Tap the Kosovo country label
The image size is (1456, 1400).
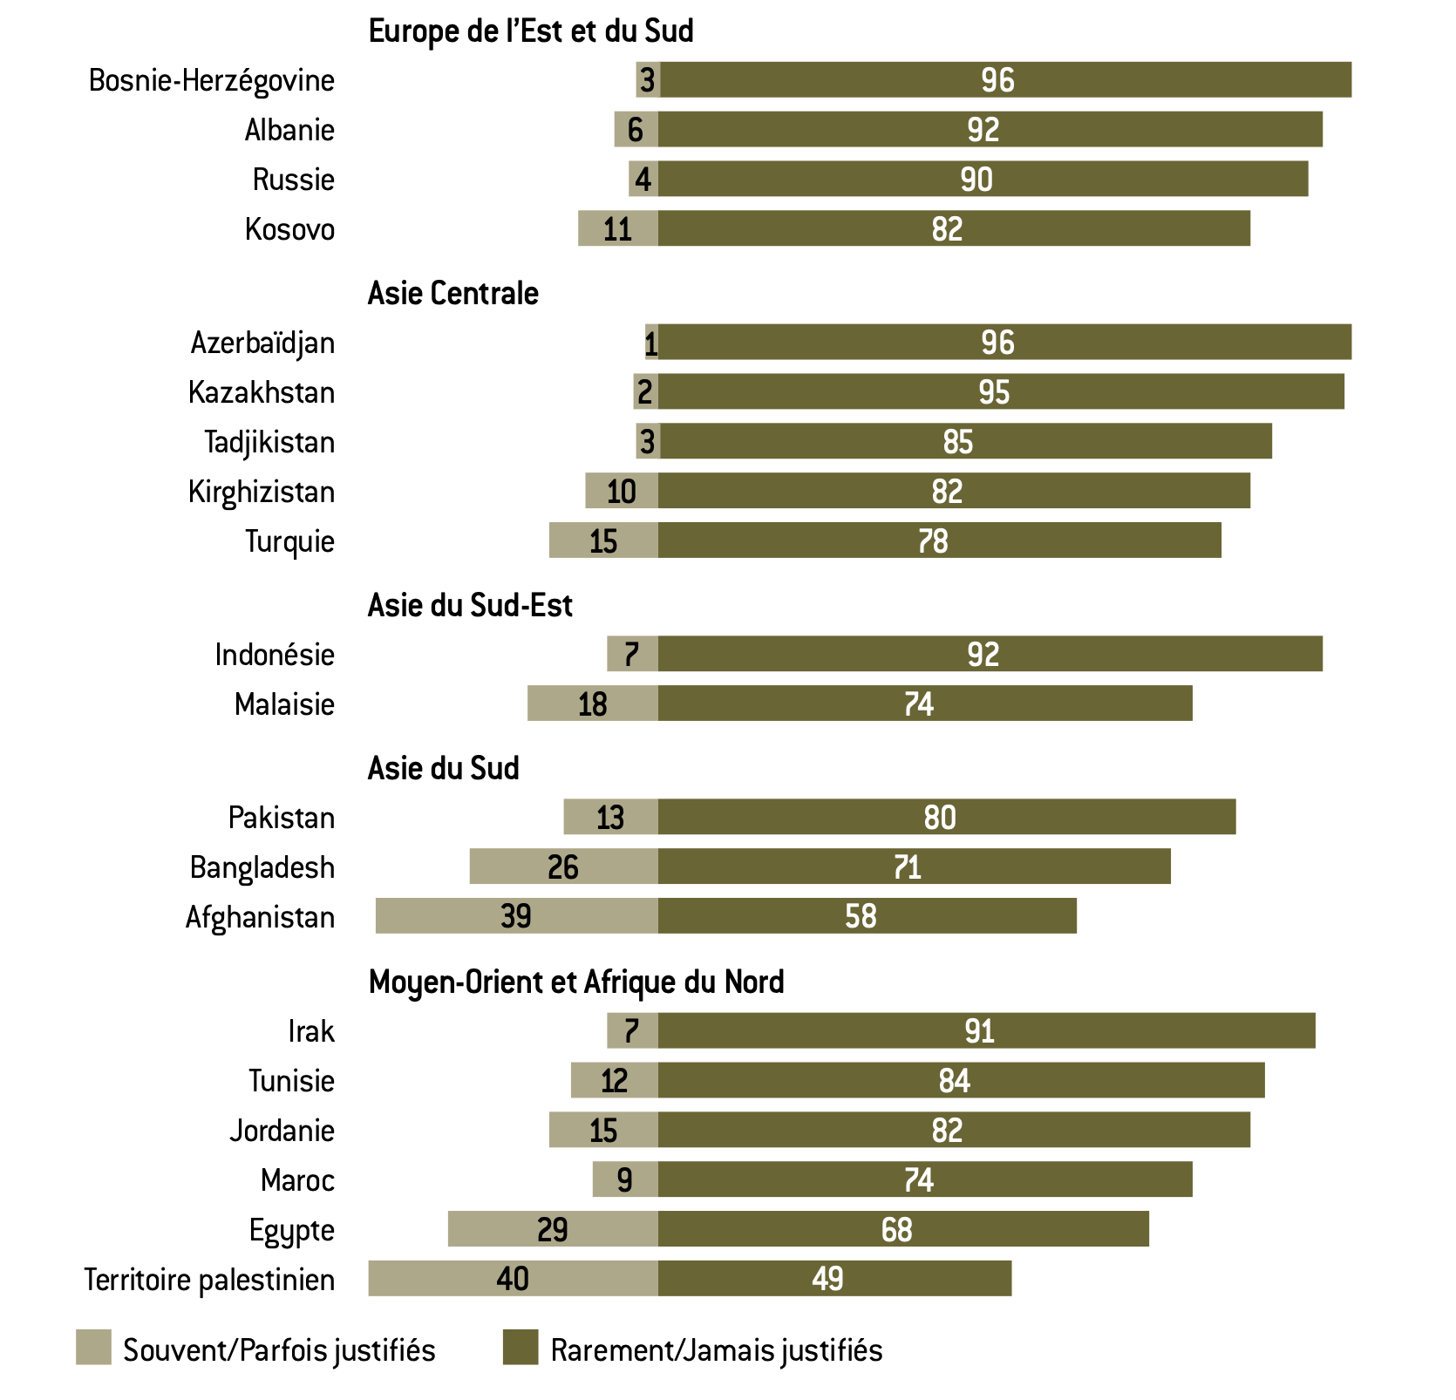coord(289,229)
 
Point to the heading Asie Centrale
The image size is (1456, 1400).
coord(452,294)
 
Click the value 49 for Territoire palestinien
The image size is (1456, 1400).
coord(827,1279)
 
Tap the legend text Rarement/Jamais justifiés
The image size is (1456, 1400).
coord(716,1350)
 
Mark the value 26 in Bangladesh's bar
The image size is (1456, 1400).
coord(563,867)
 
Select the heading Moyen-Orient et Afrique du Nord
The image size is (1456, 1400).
coord(575,982)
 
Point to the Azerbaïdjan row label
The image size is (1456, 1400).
coord(262,343)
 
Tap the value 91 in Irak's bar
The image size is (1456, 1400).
coord(979,1031)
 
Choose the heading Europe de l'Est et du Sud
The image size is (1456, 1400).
coord(530,31)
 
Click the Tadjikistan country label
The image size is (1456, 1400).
coord(269,442)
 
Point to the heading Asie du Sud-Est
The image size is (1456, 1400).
coord(469,606)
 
